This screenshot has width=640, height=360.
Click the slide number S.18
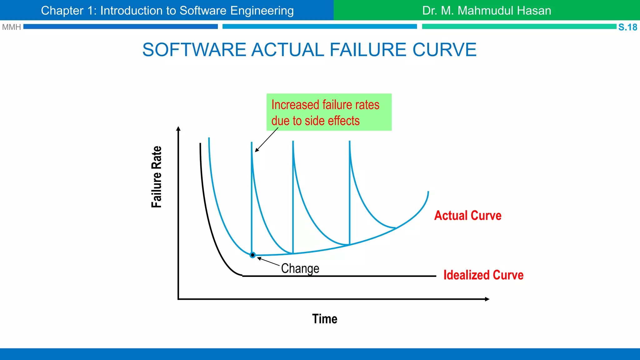(627, 27)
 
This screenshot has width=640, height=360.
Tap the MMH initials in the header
(11, 27)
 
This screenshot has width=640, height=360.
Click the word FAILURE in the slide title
(368, 50)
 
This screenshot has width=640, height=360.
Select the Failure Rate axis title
(157, 177)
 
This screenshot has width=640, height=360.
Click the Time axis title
(324, 319)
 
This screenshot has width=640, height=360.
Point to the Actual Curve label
(467, 216)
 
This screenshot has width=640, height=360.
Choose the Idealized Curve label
(483, 275)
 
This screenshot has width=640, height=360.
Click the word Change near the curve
(300, 268)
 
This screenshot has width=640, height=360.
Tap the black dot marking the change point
(252, 255)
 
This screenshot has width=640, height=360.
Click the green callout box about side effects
(329, 112)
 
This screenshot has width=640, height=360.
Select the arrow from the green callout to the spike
(267, 140)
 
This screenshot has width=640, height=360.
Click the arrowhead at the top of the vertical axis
(178, 128)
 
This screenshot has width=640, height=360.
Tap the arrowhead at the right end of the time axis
(487, 299)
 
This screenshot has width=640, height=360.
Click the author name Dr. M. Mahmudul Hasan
(486, 11)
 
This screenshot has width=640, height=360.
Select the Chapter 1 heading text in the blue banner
(167, 11)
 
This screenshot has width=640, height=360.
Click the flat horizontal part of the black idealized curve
(339, 276)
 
